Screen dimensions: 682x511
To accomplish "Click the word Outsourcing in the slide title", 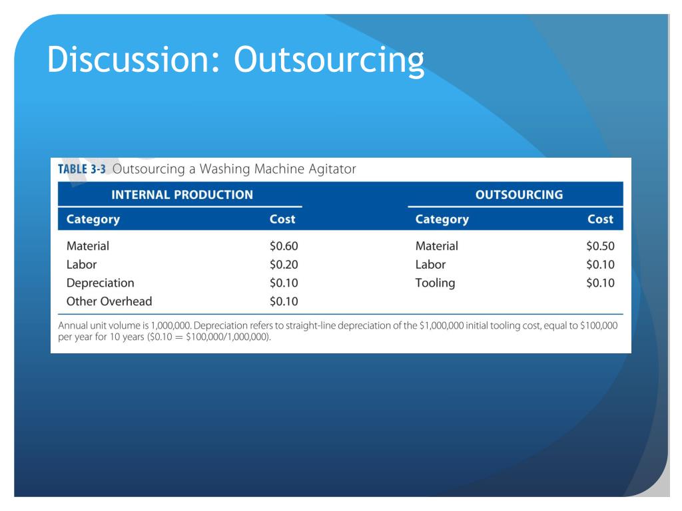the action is pyautogui.click(x=329, y=60).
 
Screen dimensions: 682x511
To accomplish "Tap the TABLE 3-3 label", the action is pyautogui.click(x=82, y=169).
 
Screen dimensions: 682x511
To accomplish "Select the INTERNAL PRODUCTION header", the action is pyautogui.click(x=182, y=195).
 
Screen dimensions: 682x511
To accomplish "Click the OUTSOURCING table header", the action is pyautogui.click(x=519, y=195).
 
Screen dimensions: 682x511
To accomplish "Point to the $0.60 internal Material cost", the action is pyautogui.click(x=284, y=246).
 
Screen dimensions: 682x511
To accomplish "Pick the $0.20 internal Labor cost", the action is pyautogui.click(x=284, y=264).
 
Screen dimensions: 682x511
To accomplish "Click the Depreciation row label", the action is pyautogui.click(x=101, y=283).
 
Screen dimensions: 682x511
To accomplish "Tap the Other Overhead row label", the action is pyautogui.click(x=109, y=301).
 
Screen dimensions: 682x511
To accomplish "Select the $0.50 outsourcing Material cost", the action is pyautogui.click(x=600, y=246).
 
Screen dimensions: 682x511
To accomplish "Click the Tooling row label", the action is pyautogui.click(x=436, y=283).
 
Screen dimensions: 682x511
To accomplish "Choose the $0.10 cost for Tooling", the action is pyautogui.click(x=600, y=283).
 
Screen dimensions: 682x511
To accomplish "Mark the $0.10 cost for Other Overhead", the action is pyautogui.click(x=284, y=301).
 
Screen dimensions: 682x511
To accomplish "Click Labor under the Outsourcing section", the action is pyautogui.click(x=431, y=264).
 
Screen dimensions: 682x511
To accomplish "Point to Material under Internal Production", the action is pyautogui.click(x=88, y=246).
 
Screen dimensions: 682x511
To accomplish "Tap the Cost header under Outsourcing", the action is pyautogui.click(x=601, y=219).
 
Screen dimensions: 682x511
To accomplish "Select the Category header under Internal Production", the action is pyautogui.click(x=93, y=220).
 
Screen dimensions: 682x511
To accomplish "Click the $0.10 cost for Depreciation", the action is pyautogui.click(x=284, y=283).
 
